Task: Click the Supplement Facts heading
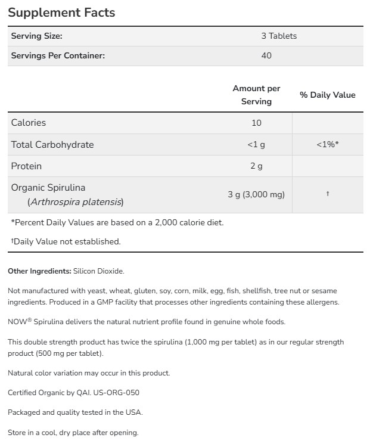click(61, 13)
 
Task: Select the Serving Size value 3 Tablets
click(279, 36)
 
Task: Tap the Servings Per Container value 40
click(266, 55)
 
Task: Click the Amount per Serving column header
click(256, 95)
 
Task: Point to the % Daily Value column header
click(327, 95)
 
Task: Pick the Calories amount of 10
click(256, 123)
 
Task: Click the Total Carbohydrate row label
click(52, 145)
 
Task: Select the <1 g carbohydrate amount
click(256, 145)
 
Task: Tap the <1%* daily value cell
click(327, 145)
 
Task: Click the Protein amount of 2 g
click(256, 166)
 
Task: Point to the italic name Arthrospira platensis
click(76, 202)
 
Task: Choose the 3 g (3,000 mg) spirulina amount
click(256, 195)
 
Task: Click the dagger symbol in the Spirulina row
click(328, 194)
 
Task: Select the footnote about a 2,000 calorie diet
click(117, 222)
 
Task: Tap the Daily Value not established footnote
click(66, 241)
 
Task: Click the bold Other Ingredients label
click(39, 271)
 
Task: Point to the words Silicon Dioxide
click(99, 271)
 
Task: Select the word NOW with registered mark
click(17, 322)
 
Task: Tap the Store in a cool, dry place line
click(73, 432)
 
